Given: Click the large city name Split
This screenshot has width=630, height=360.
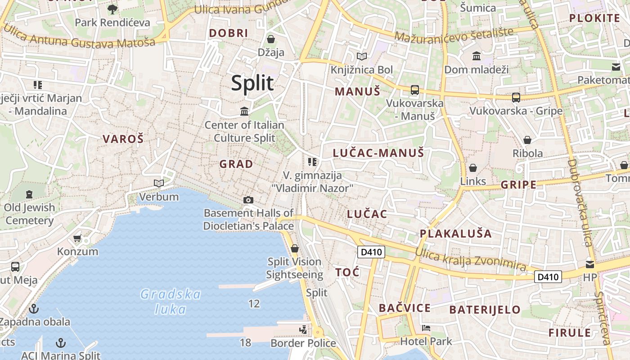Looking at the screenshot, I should [x=252, y=83].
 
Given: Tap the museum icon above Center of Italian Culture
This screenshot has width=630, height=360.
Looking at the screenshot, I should [x=244, y=111].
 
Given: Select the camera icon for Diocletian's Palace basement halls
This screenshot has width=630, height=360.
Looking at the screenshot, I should [x=248, y=200].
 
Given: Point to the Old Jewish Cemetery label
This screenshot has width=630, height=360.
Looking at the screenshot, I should [x=30, y=214].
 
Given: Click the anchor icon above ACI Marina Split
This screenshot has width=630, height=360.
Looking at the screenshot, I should [x=60, y=343].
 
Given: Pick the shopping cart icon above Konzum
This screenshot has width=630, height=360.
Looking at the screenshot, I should [x=77, y=238].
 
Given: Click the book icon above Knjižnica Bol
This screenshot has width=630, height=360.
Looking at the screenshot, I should [x=361, y=57].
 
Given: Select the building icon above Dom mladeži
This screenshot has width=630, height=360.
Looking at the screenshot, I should [x=476, y=56].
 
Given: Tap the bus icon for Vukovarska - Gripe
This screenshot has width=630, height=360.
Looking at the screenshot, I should [x=516, y=98].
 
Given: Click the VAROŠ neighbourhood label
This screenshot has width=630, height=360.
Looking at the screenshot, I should [x=123, y=139].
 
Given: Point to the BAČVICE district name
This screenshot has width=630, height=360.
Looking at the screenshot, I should [x=405, y=308].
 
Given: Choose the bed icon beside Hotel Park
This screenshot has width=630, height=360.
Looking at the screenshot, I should [x=426, y=328].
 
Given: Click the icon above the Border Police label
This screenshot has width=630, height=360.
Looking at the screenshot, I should [x=303, y=330].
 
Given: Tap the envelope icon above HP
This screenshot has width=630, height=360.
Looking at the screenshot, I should [x=589, y=264].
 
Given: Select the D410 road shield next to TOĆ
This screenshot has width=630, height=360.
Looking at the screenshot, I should [x=372, y=252].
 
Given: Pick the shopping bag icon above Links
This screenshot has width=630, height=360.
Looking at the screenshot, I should [x=473, y=168].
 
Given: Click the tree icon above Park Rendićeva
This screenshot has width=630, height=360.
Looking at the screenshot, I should [x=112, y=9].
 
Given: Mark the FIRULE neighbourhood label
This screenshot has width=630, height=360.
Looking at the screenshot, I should [x=569, y=333].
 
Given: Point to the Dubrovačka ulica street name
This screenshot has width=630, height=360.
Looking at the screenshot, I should [x=580, y=202].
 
